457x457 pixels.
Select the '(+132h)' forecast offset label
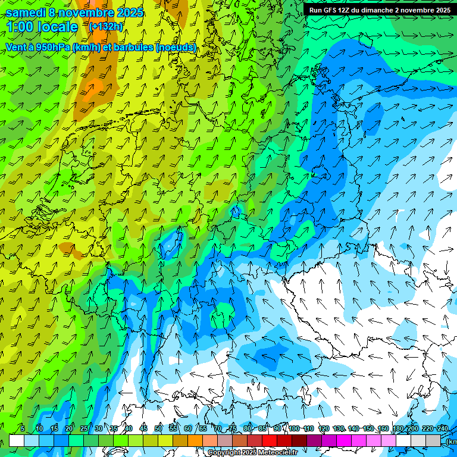tap(106, 26)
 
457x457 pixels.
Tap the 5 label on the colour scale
tap(23, 428)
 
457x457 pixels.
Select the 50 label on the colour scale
tap(158, 428)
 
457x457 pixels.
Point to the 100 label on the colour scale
tap(294, 428)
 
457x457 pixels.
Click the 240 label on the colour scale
tap(443, 428)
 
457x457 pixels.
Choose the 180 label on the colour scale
tap(398, 428)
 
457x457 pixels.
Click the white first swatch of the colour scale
tap(17, 440)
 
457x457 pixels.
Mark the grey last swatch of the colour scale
tap(433, 440)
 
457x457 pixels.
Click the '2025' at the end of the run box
tap(442, 10)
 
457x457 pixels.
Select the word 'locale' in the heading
tap(58, 27)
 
